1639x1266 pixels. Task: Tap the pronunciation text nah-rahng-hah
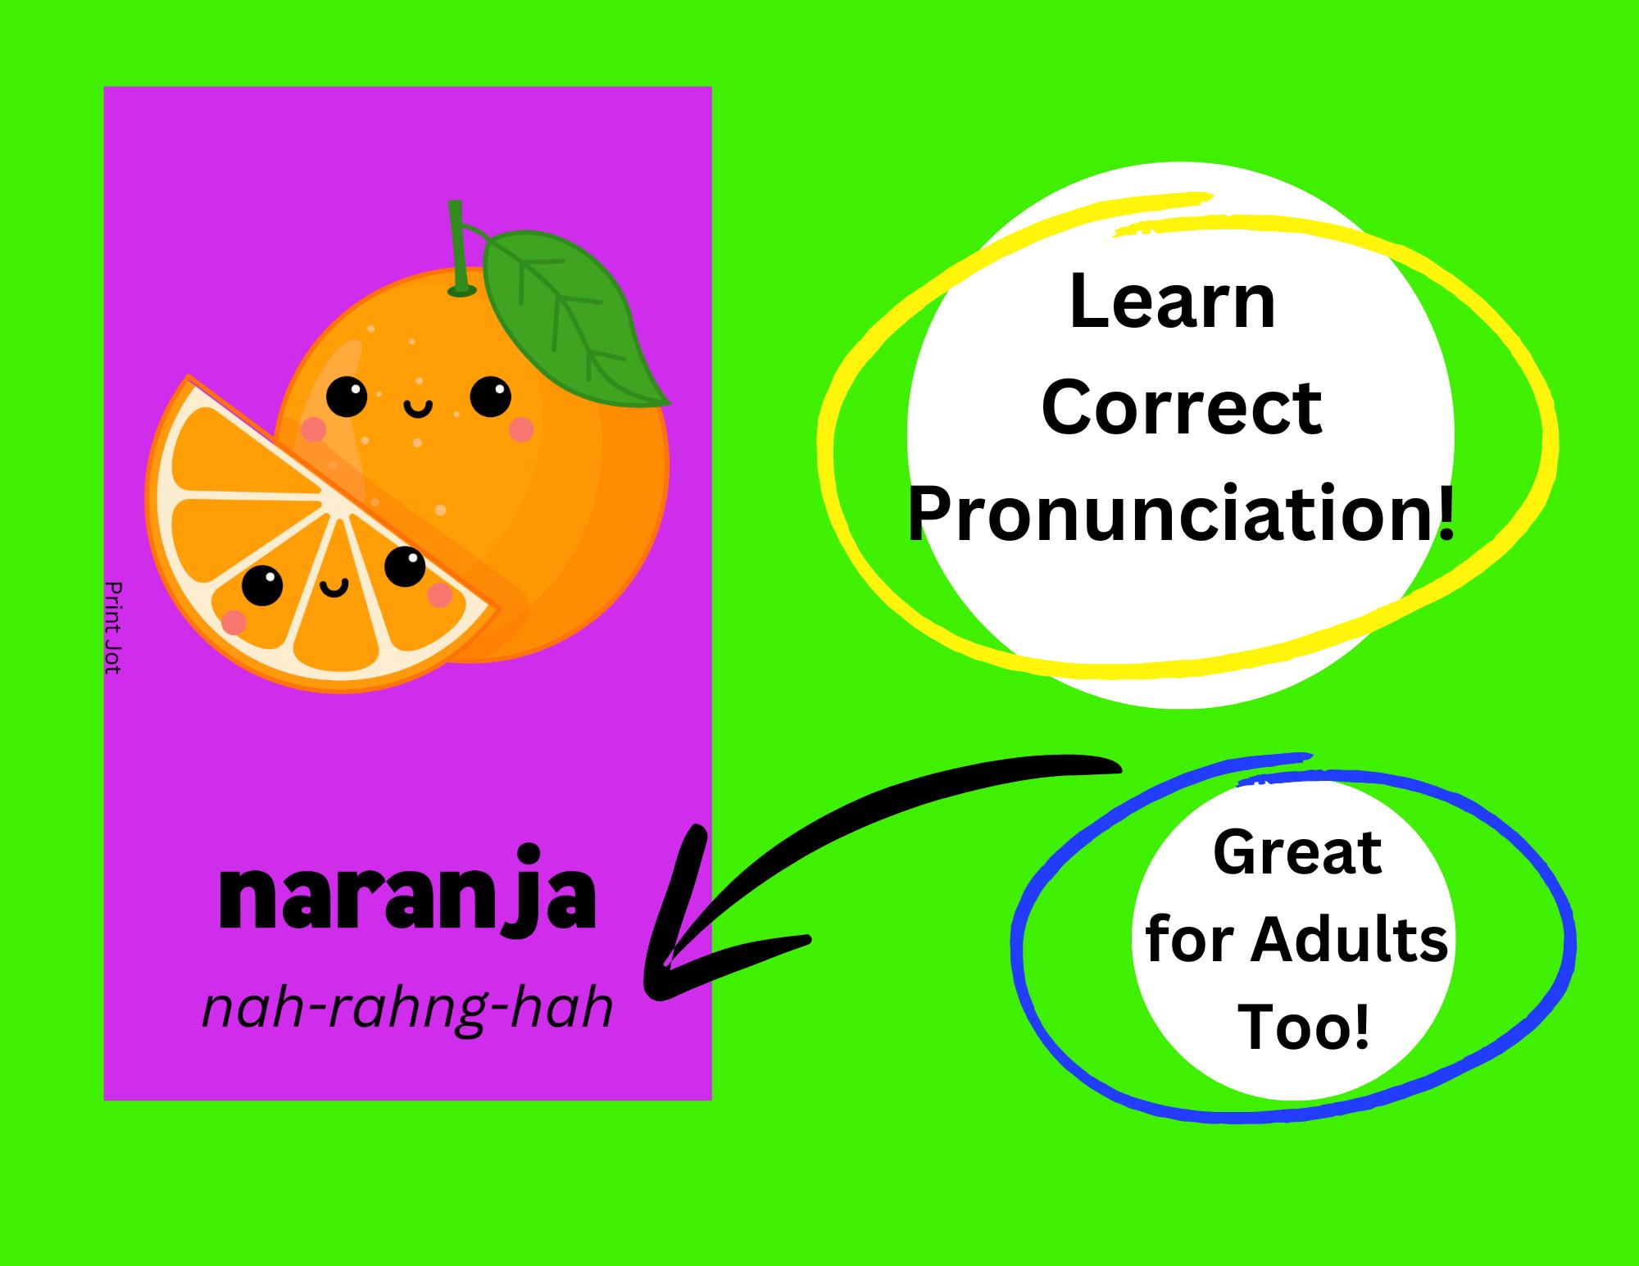[x=407, y=1010]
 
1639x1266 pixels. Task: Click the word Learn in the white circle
[x=1173, y=303]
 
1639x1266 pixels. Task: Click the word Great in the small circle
[x=1297, y=852]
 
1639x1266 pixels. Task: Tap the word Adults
[x=1348, y=940]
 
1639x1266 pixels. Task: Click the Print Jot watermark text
[x=113, y=628]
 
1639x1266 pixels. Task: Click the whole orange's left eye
[x=347, y=397]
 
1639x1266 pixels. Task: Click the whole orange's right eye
[x=490, y=397]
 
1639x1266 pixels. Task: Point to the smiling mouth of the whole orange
[x=418, y=407]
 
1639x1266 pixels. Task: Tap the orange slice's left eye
[x=262, y=586]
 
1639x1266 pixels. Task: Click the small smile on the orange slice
[x=334, y=587]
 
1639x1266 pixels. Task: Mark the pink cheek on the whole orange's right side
[x=522, y=429]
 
